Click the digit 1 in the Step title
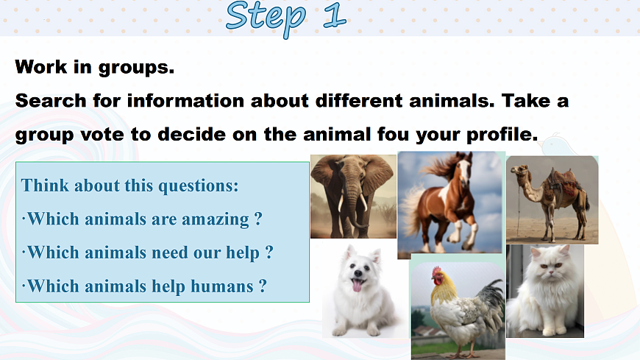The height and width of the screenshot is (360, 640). pos(335,16)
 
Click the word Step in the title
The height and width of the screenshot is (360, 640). pos(266,18)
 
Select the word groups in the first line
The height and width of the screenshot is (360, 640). pos(136,68)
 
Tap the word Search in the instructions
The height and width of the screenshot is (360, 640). pos(51,101)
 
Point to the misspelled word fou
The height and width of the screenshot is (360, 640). pos(393,134)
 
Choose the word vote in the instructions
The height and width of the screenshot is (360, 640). pos(102,135)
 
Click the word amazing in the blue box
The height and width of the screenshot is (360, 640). pos(216,219)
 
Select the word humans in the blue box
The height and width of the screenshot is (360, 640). pos(222,286)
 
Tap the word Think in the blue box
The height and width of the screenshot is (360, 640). pos(46,186)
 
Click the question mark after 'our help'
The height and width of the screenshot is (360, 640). pos(269,252)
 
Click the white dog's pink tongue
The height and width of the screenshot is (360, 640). pos(357,285)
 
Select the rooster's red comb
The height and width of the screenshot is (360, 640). pos(436,271)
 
